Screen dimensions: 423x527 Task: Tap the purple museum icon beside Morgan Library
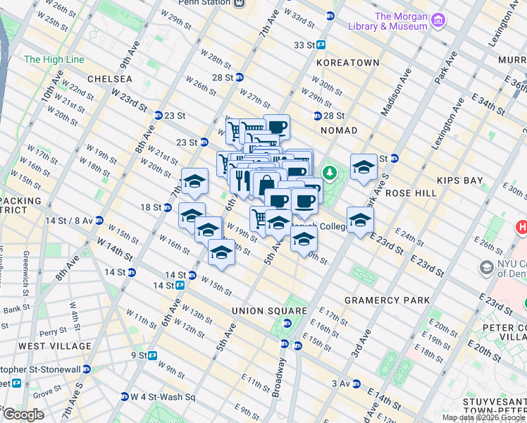[x=439, y=19]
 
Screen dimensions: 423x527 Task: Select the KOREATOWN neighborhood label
[x=348, y=63]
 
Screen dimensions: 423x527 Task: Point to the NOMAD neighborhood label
[x=338, y=130]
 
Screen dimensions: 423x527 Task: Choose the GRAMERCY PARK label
[x=387, y=300]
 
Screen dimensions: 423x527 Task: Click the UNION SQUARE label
[x=271, y=311]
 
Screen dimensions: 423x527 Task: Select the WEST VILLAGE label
[x=55, y=346]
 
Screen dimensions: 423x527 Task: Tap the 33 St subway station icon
[x=321, y=44]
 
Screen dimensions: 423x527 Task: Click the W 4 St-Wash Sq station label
[x=164, y=397]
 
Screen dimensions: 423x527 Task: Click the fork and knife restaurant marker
[x=241, y=179]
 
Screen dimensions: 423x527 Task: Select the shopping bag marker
[x=266, y=186]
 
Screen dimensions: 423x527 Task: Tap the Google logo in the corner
[x=23, y=414]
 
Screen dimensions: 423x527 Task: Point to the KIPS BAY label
[x=460, y=180]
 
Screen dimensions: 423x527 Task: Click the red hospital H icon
[x=522, y=228]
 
